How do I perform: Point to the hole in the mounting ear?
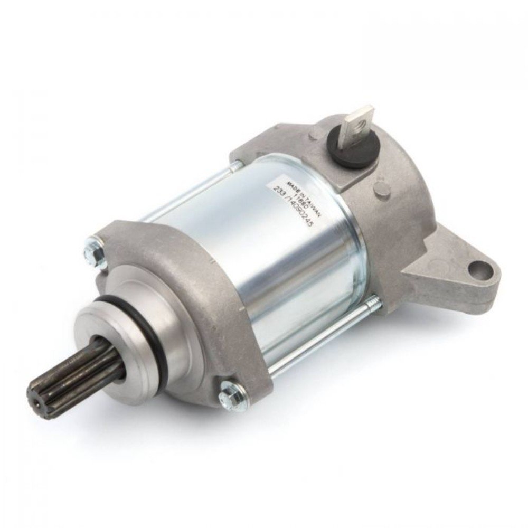(482, 270)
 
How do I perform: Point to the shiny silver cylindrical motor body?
(275, 248)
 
